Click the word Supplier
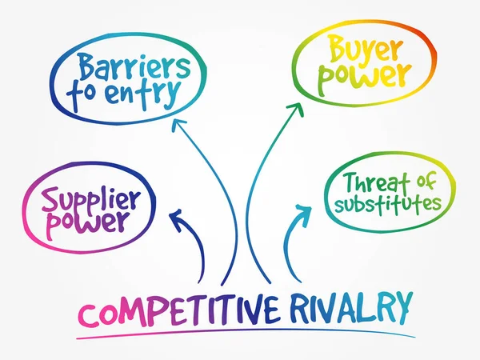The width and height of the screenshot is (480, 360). [90, 197]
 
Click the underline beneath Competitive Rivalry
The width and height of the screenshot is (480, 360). [240, 330]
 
